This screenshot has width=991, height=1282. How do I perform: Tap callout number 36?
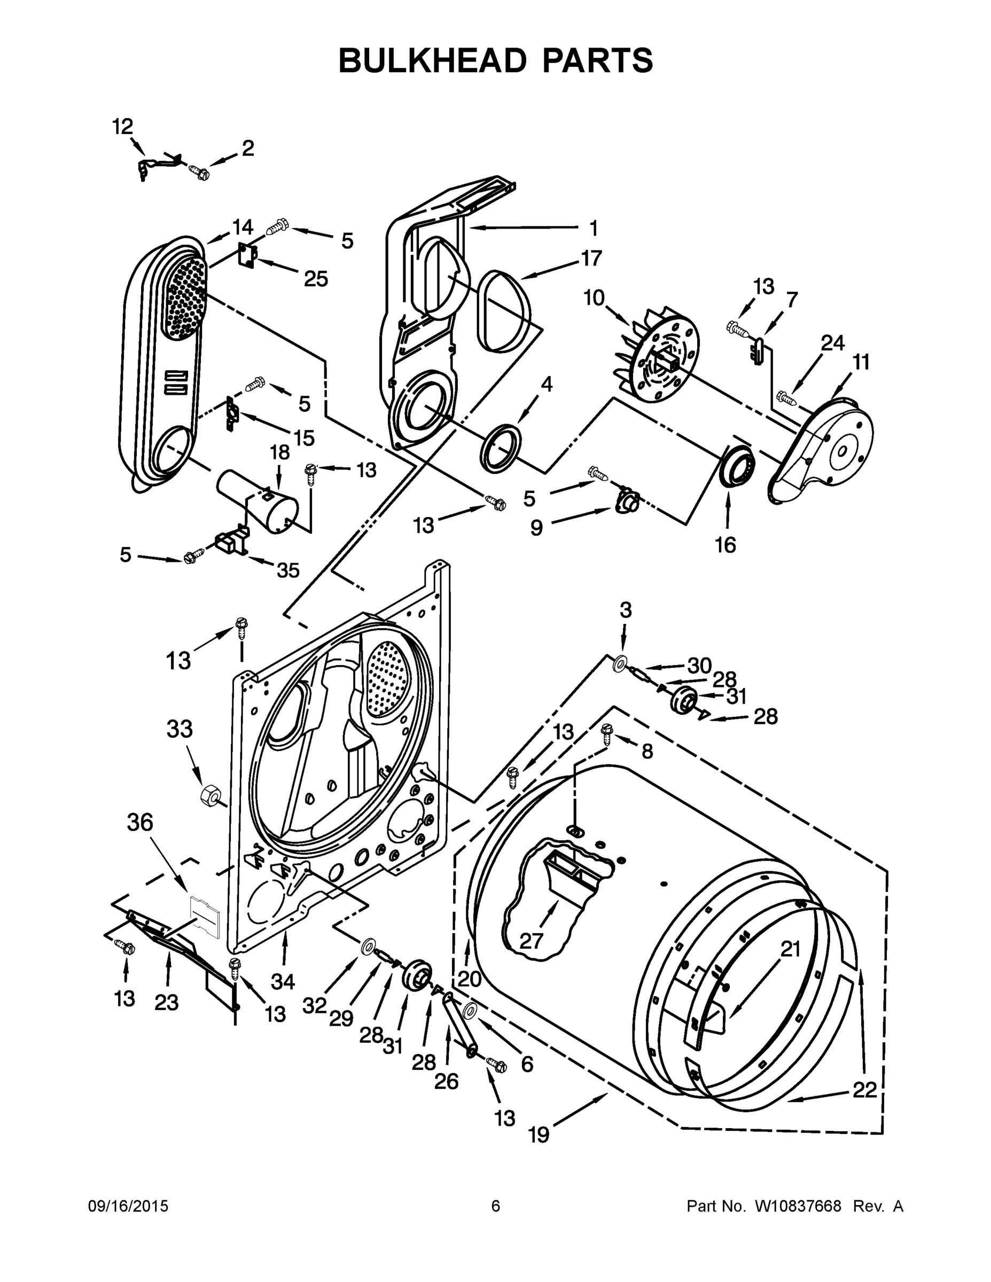point(140,823)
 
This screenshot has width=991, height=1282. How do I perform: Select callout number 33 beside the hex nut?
point(179,730)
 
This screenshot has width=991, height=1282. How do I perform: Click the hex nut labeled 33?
point(209,795)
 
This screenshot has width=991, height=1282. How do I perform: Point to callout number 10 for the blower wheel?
point(594,298)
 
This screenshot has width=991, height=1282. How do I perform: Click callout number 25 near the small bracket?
point(315,279)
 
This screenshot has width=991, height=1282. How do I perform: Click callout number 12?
point(123,126)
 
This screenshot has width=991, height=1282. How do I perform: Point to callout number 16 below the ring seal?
point(725,545)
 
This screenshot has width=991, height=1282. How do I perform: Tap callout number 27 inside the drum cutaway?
point(532,941)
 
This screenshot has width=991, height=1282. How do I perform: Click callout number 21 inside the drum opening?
point(791,949)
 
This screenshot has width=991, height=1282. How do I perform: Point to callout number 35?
point(287,570)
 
